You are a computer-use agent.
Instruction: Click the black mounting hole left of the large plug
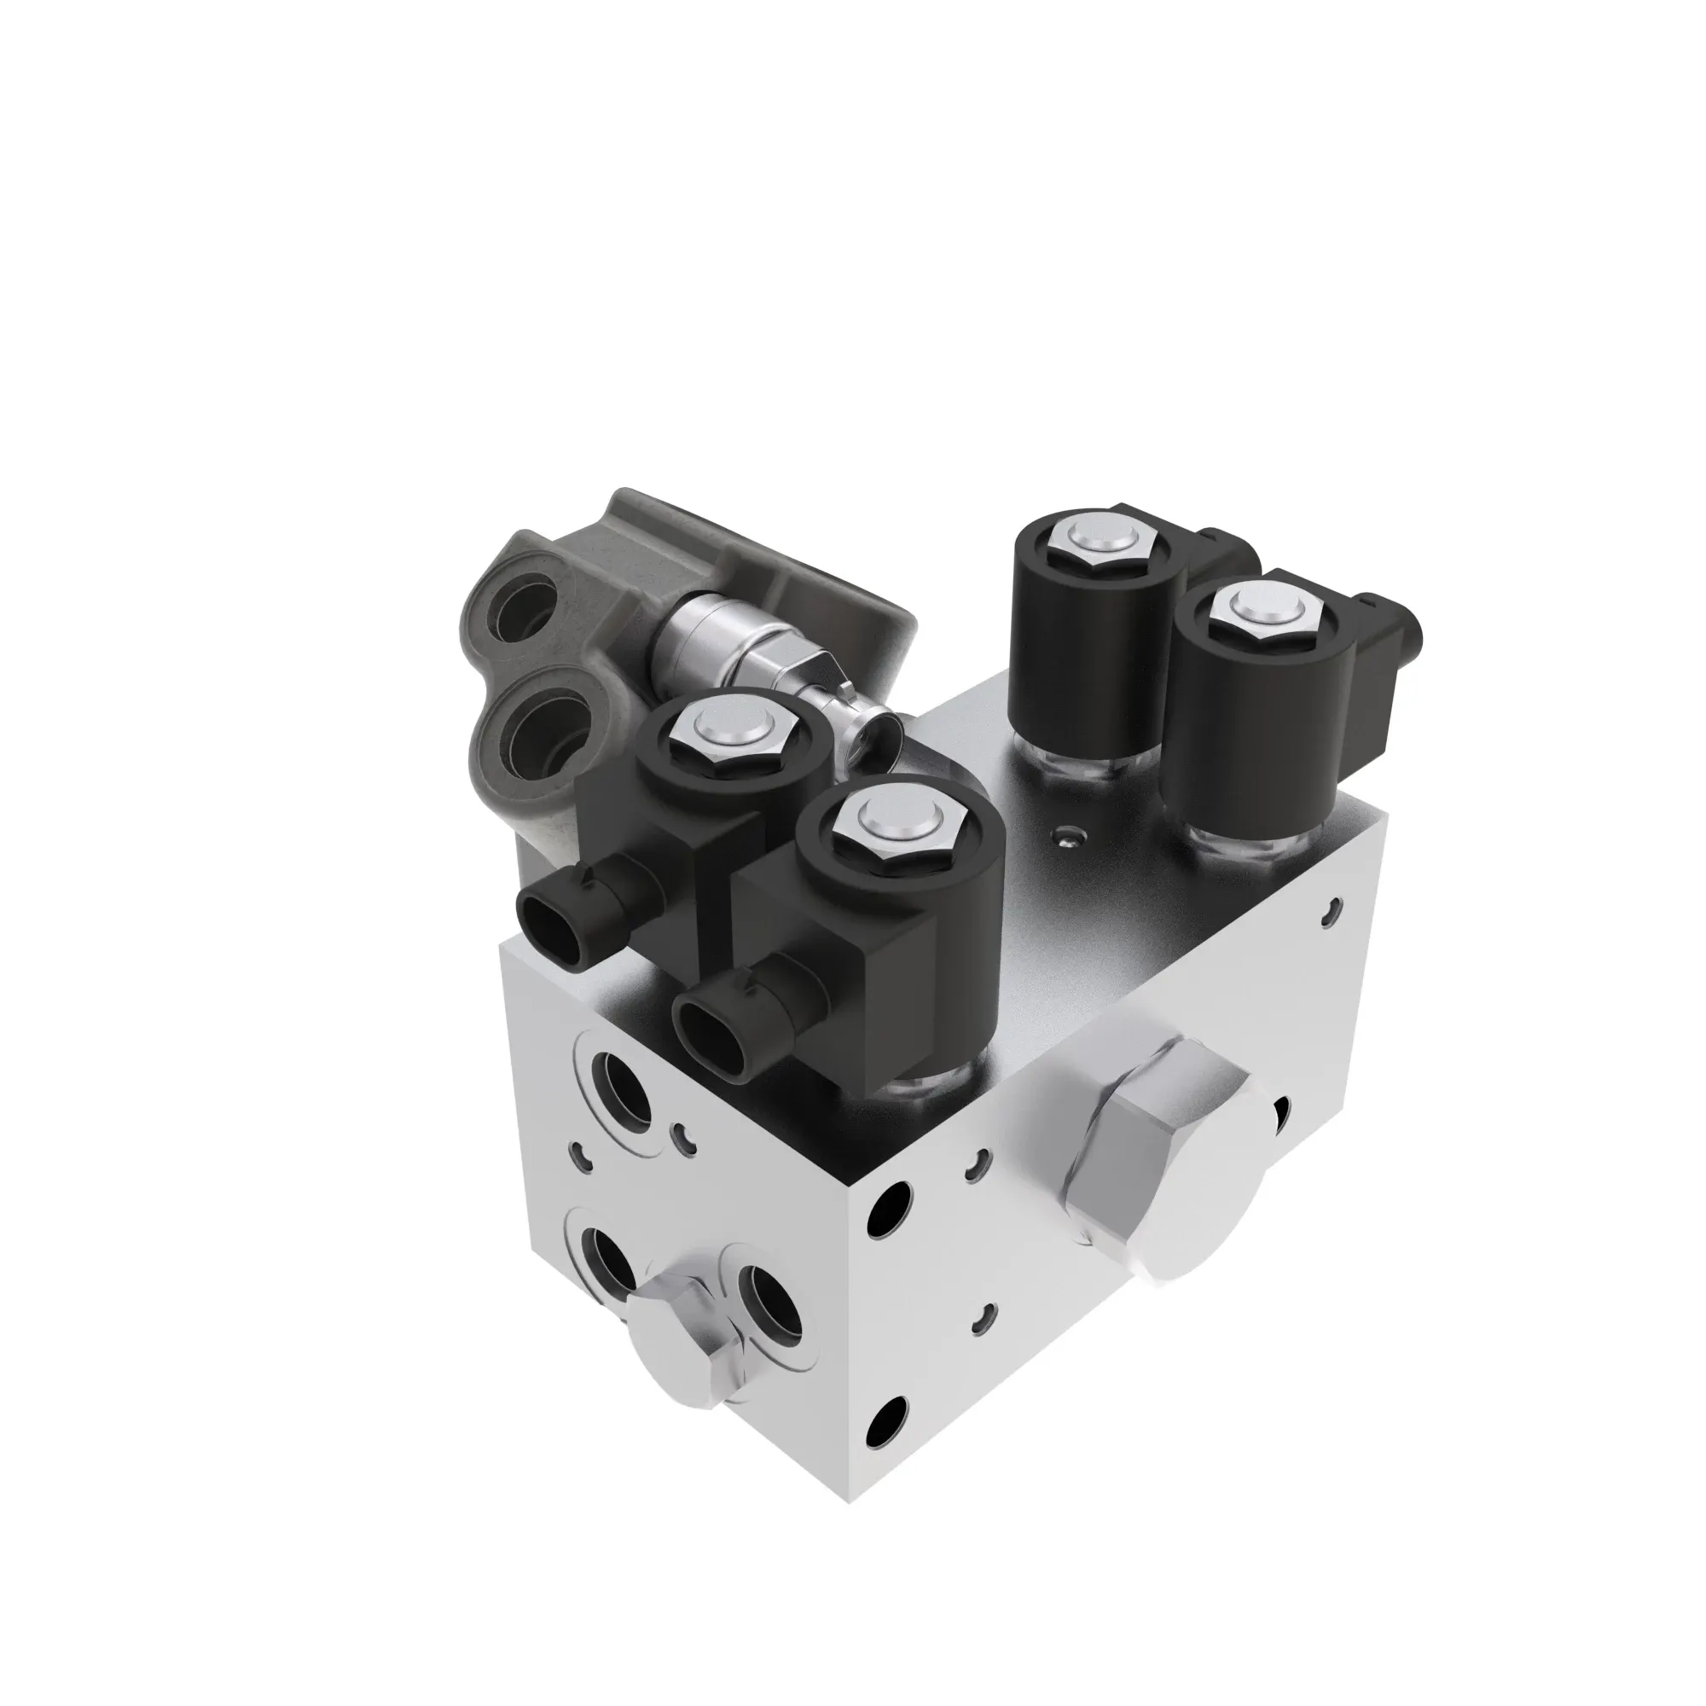pyautogui.click(x=889, y=1208)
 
